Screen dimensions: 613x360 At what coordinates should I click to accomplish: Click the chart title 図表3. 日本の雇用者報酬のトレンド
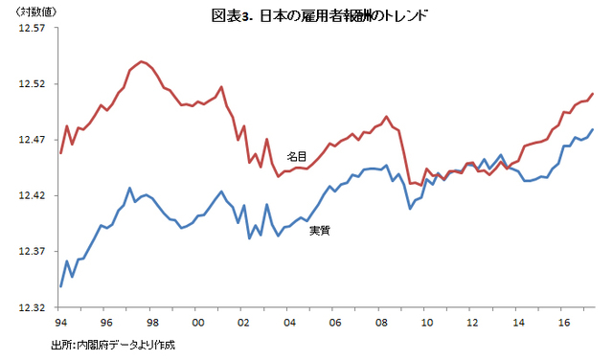[x=319, y=16]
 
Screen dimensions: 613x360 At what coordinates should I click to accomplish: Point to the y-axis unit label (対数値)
[x=36, y=12]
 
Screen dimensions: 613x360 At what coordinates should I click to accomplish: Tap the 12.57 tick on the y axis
[x=32, y=28]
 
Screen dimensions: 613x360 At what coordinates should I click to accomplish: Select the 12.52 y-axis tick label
[x=32, y=84]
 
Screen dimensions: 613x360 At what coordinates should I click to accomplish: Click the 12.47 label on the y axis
[x=32, y=140]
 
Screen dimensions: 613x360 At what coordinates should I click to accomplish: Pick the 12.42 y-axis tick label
[x=32, y=196]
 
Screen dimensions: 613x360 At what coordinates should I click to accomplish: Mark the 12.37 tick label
[x=32, y=252]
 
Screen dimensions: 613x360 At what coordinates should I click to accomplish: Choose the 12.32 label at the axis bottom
[x=32, y=307]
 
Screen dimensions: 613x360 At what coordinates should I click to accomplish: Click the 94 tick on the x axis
[x=61, y=323]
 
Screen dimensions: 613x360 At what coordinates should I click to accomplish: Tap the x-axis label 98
[x=152, y=323]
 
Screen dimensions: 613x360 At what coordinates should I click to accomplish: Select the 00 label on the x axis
[x=198, y=323]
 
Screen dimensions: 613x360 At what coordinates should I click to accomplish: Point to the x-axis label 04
[x=289, y=323]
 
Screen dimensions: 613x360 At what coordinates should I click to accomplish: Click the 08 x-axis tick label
[x=381, y=323]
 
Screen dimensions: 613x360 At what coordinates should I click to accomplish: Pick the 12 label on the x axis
[x=472, y=323]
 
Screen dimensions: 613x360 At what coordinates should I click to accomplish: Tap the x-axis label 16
[x=564, y=323]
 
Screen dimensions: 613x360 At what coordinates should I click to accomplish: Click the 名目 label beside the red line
[x=297, y=157]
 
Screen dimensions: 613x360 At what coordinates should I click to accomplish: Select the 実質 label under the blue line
[x=320, y=231]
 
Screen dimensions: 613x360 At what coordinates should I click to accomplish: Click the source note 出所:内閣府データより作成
[x=113, y=345]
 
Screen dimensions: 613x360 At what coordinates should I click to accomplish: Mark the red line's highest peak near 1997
[x=142, y=61]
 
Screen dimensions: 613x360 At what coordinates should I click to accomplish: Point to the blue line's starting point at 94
[x=61, y=286]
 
